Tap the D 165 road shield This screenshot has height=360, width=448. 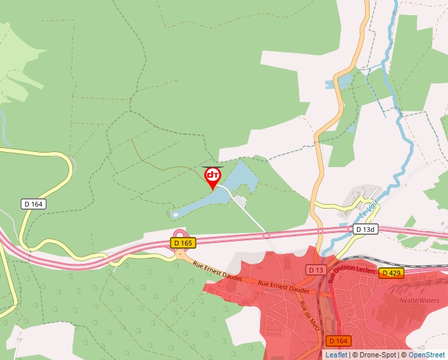tap(183, 243)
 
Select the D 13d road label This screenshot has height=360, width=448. tap(366, 230)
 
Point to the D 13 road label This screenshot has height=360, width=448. tap(316, 270)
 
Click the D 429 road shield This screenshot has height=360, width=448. tap(391, 272)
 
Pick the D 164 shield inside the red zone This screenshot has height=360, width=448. tap(337, 340)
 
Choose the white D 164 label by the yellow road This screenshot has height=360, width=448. tap(33, 204)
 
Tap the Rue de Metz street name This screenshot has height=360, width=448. tap(306, 311)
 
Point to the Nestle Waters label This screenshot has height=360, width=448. tap(419, 301)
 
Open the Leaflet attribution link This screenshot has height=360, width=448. tap(336, 355)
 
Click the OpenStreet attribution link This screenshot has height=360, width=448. tap(426, 355)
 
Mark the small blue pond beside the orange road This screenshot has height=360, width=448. tap(340, 82)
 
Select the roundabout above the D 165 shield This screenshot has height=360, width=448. tap(180, 234)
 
